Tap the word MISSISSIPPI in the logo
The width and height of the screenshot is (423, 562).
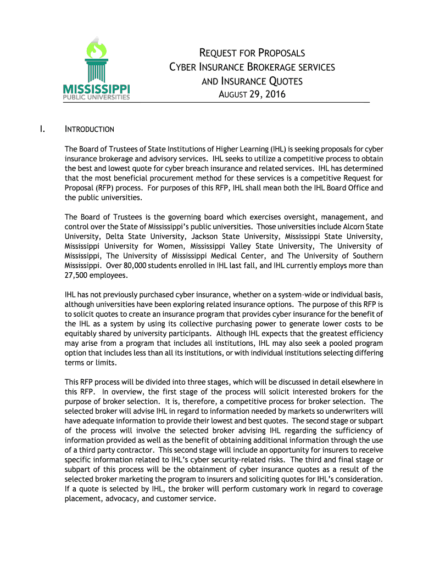tap(96, 89)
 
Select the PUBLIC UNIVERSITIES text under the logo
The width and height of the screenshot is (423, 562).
tap(97, 98)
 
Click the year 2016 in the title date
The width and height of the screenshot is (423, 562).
tap(275, 94)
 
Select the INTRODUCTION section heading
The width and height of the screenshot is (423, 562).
tap(90, 130)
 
